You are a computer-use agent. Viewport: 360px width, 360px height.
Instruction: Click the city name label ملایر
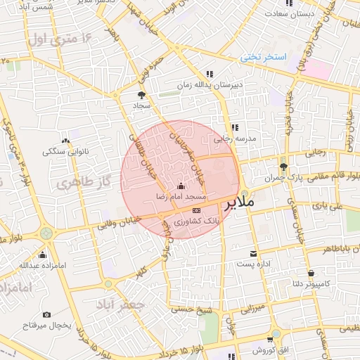click(x=240, y=205)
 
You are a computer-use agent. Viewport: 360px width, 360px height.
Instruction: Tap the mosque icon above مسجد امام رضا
click(x=181, y=186)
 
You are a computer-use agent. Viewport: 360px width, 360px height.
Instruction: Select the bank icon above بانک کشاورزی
click(x=195, y=210)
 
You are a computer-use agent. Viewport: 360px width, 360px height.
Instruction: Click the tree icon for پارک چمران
click(x=283, y=167)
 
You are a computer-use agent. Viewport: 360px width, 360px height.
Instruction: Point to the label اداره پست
click(x=254, y=264)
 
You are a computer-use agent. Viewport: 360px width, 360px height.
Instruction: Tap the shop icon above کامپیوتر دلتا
click(x=310, y=274)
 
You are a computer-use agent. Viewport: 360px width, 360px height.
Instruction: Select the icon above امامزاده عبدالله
click(x=43, y=255)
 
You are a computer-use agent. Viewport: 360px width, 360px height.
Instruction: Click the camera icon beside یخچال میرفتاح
click(x=46, y=314)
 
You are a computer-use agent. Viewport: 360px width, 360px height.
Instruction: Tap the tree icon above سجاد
click(x=142, y=95)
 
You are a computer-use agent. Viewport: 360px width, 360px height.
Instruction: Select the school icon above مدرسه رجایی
click(x=234, y=128)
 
